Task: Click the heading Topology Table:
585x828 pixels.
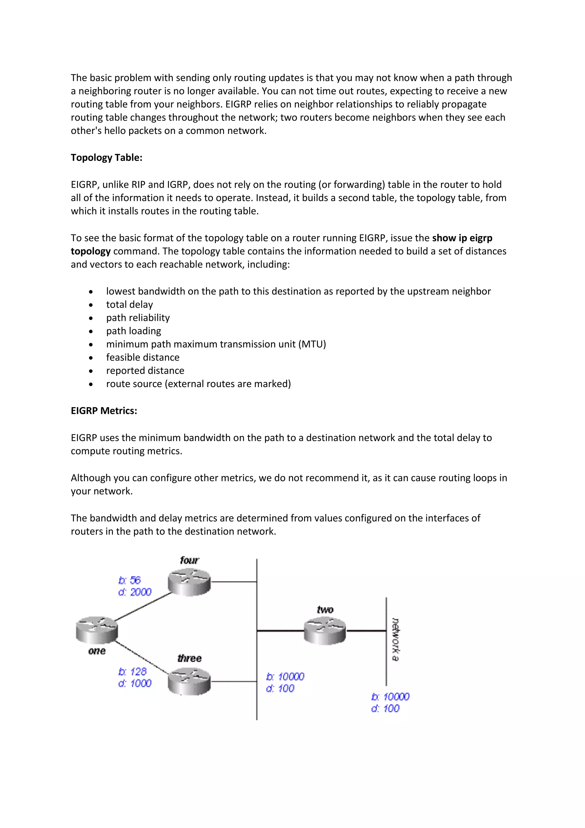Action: pos(106,158)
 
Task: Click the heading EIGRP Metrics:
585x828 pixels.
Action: pos(104,411)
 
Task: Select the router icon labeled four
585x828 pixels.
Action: pos(189,581)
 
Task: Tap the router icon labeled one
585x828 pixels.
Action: pos(97,630)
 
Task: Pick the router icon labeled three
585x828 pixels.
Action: pos(189,681)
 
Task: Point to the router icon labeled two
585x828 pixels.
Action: pos(324,630)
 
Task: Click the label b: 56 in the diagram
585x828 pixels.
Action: pos(129,580)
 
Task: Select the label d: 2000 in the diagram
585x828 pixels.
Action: pos(135,592)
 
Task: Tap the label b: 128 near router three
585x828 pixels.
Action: pos(132,671)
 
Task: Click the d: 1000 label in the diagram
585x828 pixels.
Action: pos(135,683)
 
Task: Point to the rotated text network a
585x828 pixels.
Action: pos(395,639)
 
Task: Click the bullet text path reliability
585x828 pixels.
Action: pos(138,318)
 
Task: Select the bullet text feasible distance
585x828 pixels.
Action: pos(143,357)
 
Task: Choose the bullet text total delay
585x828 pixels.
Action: pos(129,305)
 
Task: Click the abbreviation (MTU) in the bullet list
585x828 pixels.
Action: pos(312,344)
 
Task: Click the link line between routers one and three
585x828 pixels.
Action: pos(142,657)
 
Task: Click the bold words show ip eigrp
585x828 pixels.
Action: pos(462,238)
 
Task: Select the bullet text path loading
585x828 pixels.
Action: pos(133,331)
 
